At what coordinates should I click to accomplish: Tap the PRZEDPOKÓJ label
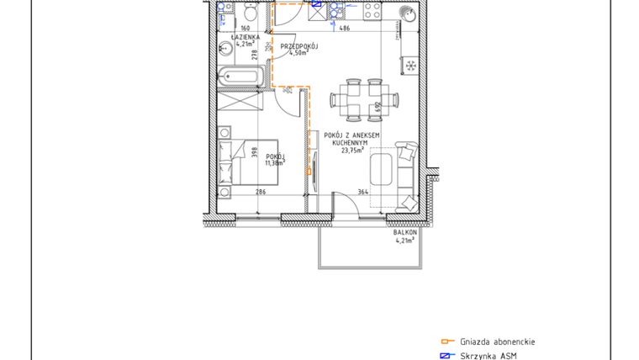(x=298, y=46)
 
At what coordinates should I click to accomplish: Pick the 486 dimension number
(x=344, y=29)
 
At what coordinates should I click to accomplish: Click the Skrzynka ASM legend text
(x=488, y=356)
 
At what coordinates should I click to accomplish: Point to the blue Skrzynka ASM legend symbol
(x=447, y=356)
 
